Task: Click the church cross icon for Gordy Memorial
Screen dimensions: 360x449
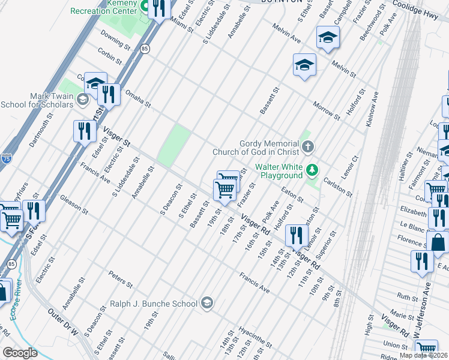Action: coord(308,146)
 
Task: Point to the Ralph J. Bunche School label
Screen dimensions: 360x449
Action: coord(154,304)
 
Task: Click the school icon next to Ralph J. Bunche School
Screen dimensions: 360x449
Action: coord(207,303)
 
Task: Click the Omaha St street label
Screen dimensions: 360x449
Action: coord(138,98)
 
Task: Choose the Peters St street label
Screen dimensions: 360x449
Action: coord(120,278)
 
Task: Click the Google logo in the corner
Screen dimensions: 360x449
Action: coord(20,353)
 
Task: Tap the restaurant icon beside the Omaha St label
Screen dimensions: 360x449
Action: coord(108,94)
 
